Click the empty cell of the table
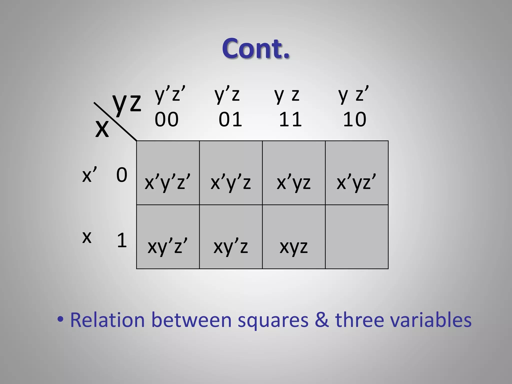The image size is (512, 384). pyautogui.click(x=357, y=237)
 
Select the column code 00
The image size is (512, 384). pyautogui.click(x=166, y=119)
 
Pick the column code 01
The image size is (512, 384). pyautogui.click(x=230, y=119)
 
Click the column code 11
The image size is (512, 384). pyautogui.click(x=290, y=119)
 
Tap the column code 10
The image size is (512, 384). pyautogui.click(x=354, y=119)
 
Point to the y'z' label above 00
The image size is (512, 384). pyautogui.click(x=170, y=94)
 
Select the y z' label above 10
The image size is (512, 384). pyautogui.click(x=353, y=94)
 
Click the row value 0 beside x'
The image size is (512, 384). pyautogui.click(x=122, y=175)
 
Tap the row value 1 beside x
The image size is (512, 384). pyautogui.click(x=122, y=240)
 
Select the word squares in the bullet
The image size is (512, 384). pyautogui.click(x=273, y=320)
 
